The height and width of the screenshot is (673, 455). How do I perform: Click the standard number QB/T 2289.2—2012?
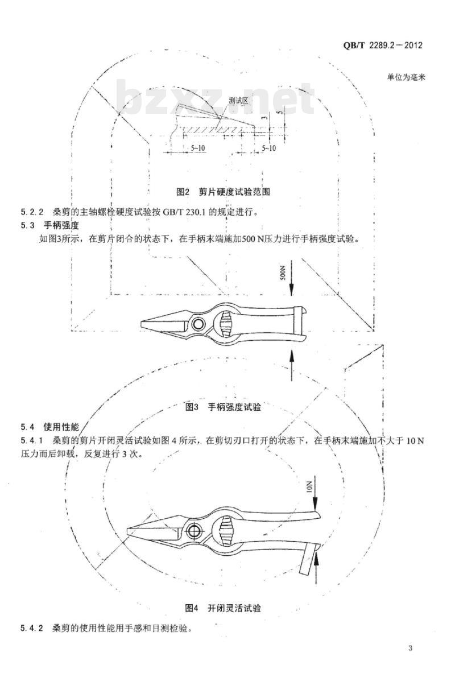coord(383,45)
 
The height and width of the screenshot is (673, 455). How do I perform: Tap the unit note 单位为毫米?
coord(406,78)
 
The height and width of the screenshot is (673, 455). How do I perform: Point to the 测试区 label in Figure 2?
coord(239,101)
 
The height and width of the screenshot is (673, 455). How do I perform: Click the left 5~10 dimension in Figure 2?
coord(198,148)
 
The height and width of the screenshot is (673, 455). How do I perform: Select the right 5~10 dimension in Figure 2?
coord(268,148)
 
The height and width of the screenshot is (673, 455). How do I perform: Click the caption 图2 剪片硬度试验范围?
coord(224,192)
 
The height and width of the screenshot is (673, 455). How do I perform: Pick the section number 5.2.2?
coord(32,212)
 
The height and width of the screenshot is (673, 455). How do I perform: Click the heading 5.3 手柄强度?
coord(49,225)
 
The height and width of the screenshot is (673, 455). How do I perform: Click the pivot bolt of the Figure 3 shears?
coord(199,323)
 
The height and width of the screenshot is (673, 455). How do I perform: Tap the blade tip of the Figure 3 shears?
coord(142,323)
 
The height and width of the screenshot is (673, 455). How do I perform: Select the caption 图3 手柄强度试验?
coord(223,406)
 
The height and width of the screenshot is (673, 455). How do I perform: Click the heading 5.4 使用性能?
coord(49,427)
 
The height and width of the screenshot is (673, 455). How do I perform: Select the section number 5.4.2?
coord(32,629)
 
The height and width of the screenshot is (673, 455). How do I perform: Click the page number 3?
coord(411,649)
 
